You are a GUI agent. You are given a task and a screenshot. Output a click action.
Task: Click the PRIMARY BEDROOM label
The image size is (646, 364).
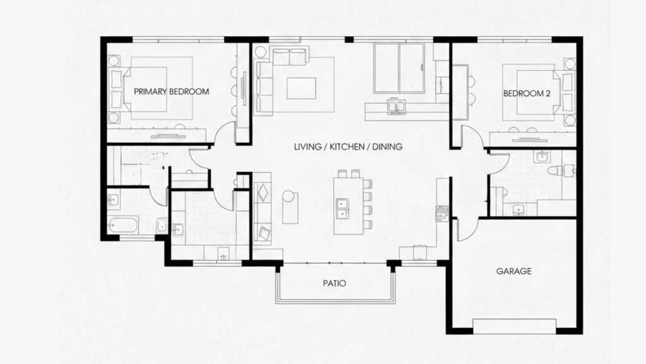(171, 92)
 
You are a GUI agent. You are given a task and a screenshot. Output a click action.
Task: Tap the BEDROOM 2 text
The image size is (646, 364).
(527, 94)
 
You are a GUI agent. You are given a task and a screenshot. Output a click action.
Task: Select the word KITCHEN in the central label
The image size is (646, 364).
(348, 147)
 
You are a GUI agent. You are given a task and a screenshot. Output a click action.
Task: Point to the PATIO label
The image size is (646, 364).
(334, 284)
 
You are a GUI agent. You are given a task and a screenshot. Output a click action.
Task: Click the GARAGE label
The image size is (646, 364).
(514, 271)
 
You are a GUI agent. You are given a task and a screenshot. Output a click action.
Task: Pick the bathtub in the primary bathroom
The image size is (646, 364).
(124, 225)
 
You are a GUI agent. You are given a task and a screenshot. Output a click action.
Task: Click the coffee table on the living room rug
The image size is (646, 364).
(302, 87)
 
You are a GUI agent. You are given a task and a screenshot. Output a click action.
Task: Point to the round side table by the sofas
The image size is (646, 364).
(289, 197)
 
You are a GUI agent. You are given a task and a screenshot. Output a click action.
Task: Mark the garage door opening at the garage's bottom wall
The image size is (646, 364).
(514, 326)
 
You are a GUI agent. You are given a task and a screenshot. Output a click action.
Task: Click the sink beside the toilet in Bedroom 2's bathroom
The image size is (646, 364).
(542, 157)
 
